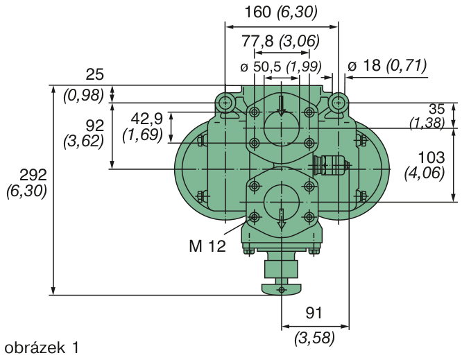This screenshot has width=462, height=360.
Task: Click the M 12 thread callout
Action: (x=207, y=246)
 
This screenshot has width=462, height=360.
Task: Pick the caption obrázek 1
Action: (x=42, y=348)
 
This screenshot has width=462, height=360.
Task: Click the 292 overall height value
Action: (x=33, y=175)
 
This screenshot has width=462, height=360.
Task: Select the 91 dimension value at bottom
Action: (x=314, y=313)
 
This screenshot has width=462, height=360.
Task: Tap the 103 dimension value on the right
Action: (x=431, y=157)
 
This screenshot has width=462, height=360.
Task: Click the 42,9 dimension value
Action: (x=147, y=119)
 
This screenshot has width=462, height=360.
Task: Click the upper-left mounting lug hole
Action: (x=225, y=103)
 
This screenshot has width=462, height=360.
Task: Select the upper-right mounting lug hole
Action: (x=339, y=103)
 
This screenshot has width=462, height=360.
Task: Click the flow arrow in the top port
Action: (x=282, y=105)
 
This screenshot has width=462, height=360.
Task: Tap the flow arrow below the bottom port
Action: (x=282, y=219)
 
